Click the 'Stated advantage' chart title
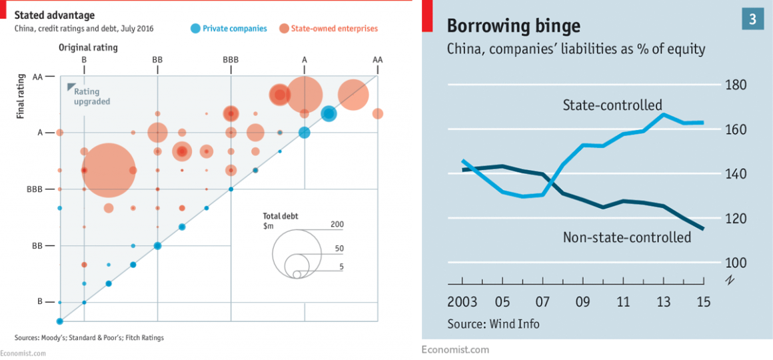click(55, 15)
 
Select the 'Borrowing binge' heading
click(513, 26)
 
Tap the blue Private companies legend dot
click(195, 29)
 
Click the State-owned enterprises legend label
click(334, 29)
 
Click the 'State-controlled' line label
click(612, 105)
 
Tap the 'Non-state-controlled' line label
click(627, 237)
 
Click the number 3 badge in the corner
click(752, 19)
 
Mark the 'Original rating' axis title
click(88, 47)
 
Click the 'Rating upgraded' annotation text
click(92, 97)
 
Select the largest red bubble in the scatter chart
click(109, 171)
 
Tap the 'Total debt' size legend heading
click(281, 217)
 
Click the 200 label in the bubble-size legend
click(337, 225)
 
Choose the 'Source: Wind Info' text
click(493, 324)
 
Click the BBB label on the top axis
click(231, 60)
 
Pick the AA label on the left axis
click(37, 77)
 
